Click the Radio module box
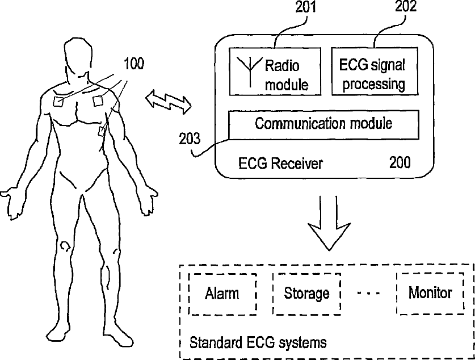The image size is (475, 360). (274, 71)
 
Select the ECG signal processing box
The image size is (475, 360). (375, 71)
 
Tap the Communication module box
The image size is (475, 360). (323, 124)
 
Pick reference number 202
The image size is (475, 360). (405, 7)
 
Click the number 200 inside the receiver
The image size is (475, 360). (400, 162)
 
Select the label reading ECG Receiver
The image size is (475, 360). (280, 164)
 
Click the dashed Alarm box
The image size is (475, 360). (222, 294)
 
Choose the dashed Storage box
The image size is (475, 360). (306, 294)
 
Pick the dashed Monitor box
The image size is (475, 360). (430, 293)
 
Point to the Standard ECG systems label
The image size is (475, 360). (258, 342)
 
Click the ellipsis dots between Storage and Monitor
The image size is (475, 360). (368, 294)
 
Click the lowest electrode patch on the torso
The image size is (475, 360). (102, 132)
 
